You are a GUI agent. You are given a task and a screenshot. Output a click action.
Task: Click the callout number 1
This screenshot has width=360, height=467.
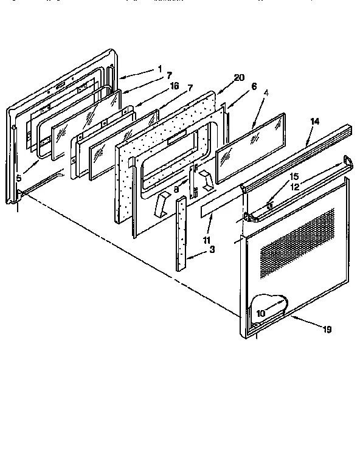point(160,69)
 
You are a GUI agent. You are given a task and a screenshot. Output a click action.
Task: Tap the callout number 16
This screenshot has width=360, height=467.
point(175,86)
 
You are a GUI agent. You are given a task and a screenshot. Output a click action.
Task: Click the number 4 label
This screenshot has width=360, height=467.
point(266,93)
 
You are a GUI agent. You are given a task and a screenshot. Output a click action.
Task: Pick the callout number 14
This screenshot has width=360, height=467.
point(314,122)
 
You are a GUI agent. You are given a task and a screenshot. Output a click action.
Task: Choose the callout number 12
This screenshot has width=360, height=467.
point(294,187)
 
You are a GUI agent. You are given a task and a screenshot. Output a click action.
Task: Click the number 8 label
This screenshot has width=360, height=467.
point(177,190)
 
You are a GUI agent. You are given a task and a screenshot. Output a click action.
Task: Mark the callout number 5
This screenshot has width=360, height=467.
point(19,178)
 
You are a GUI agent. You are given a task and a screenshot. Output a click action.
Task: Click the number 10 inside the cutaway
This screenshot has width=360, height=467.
point(260,314)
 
